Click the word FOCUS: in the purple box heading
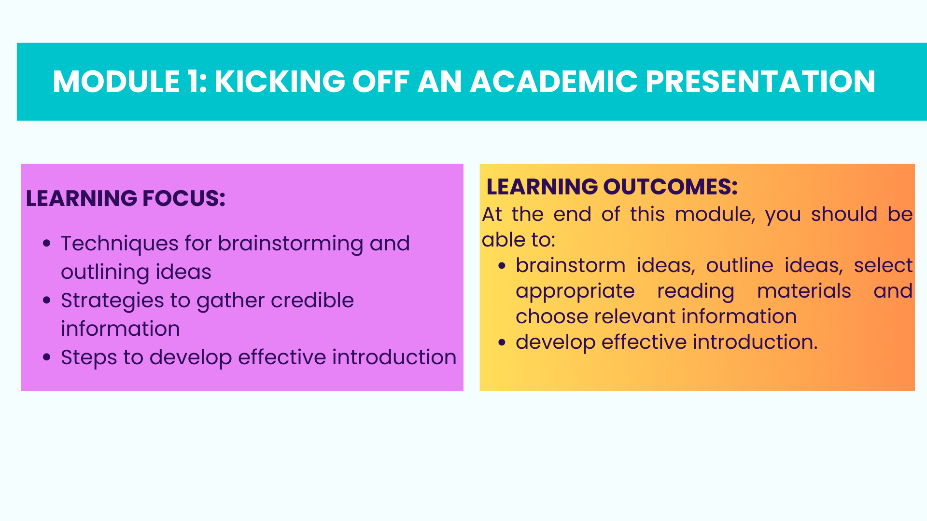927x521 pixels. click(x=184, y=198)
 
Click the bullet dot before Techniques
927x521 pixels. click(x=47, y=243)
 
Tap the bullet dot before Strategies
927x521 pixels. click(x=47, y=300)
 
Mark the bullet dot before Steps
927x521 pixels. click(x=47, y=357)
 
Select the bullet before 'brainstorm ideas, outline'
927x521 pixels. click(x=502, y=265)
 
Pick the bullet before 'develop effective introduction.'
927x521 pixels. click(x=502, y=342)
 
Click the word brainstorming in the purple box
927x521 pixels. click(x=291, y=244)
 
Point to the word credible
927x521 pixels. click(x=312, y=300)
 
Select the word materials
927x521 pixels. click(x=804, y=291)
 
